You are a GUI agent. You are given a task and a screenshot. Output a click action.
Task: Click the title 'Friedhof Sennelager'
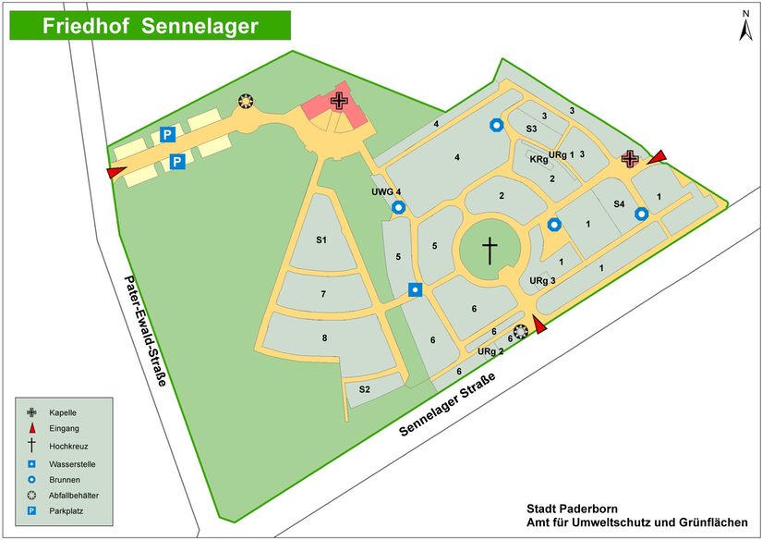(x=150, y=26)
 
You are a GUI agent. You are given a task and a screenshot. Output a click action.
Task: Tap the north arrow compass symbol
(x=744, y=26)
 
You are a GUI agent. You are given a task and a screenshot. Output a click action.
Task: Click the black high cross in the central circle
(x=490, y=250)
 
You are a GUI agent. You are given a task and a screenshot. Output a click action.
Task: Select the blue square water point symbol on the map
(x=416, y=289)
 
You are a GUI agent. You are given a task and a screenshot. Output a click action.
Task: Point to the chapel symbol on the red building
(x=340, y=101)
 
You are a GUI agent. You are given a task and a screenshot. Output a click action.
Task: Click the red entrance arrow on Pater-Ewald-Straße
(x=116, y=172)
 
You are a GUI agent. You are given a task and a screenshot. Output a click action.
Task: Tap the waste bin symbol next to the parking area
(x=246, y=101)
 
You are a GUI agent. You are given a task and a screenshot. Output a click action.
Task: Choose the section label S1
(x=321, y=240)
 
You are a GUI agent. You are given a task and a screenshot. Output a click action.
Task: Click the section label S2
(x=364, y=389)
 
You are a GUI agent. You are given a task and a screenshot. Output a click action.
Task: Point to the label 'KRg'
(x=538, y=160)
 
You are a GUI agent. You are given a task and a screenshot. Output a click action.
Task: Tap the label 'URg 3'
(x=543, y=280)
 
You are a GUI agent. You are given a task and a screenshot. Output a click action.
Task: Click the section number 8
(x=324, y=338)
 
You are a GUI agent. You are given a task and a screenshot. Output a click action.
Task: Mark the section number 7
(x=322, y=294)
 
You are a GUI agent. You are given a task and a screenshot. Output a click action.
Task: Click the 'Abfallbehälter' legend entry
(x=78, y=495)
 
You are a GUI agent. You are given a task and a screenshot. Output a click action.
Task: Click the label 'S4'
(x=620, y=203)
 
